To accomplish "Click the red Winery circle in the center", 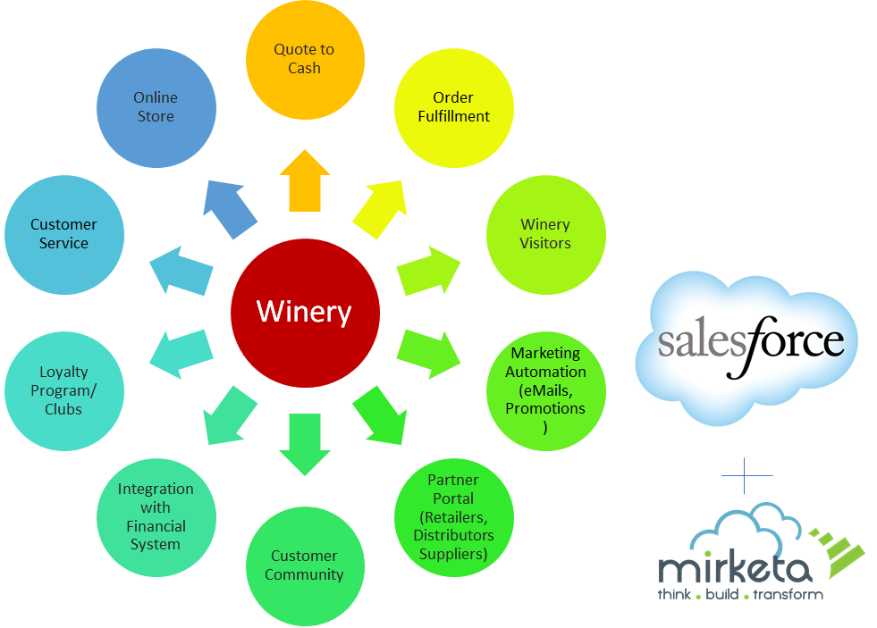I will (305, 312).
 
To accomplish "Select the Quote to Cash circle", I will (305, 59).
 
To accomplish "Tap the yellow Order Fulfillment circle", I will (454, 106).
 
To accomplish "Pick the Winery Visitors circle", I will (545, 234).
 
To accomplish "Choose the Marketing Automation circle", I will (545, 389).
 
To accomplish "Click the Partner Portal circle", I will (453, 518).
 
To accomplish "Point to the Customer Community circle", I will (305, 565).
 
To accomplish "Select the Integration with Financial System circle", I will (156, 516).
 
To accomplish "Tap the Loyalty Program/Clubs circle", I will (63, 390).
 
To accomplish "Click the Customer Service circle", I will (63, 234).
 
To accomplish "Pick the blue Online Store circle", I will (156, 106).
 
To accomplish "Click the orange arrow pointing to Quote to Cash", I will (305, 182).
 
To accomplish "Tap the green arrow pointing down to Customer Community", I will (305, 443).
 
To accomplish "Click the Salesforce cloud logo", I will (746, 344).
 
